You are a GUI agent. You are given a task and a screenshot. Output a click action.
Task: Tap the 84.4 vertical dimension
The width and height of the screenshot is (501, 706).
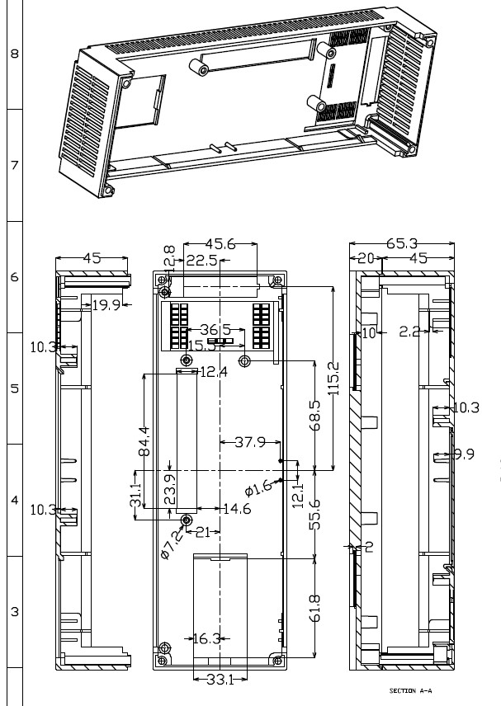144,441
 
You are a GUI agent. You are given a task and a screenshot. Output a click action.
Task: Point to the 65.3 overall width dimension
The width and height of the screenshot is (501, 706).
402,244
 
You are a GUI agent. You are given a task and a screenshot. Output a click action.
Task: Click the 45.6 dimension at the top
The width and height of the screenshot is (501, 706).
220,244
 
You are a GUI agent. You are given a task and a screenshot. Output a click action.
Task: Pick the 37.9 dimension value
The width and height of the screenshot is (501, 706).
249,442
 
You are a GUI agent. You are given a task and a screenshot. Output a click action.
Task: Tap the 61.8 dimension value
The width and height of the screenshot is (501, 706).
316,608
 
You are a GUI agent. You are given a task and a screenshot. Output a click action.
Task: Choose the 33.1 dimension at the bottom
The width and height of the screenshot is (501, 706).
219,680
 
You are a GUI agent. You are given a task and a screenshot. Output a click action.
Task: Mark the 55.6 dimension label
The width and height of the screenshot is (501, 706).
316,515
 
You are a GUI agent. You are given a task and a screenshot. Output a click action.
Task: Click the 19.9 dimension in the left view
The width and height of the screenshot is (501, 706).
106,305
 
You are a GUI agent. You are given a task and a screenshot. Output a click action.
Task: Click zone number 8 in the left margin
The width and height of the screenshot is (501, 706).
14,54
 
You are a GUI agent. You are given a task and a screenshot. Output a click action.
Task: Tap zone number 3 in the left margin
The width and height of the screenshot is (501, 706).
14,612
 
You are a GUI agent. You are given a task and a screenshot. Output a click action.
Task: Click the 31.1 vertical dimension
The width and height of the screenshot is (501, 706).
137,496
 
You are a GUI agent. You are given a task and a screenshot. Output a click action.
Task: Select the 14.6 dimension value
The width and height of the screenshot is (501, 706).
236,510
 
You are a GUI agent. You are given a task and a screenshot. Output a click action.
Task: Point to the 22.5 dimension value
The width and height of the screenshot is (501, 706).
201,261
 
